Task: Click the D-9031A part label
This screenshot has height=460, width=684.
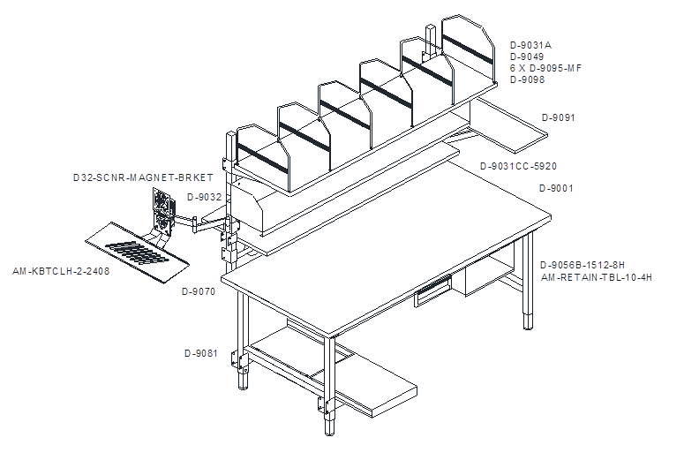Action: pos(530,45)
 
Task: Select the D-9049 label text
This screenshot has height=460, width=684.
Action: pos(527,57)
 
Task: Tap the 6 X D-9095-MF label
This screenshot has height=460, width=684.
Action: pos(545,68)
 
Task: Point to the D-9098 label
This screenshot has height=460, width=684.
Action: pos(527,79)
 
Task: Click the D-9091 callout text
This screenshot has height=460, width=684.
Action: pos(559,117)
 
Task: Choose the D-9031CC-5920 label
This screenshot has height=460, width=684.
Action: pos(518,166)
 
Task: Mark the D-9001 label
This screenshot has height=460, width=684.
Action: pos(556,189)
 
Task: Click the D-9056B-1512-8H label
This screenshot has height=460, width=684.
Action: pos(583,266)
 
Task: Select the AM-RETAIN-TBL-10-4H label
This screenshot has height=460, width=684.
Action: pos(597,277)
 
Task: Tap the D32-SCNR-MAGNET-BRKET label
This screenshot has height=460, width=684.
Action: pos(143,178)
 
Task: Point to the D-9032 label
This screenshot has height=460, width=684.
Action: pos(204,197)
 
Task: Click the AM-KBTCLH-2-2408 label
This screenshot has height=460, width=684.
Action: pos(61,271)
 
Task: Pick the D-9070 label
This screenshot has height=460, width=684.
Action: pos(199,291)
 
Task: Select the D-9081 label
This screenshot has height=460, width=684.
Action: pos(200,353)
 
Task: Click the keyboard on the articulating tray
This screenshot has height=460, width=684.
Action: pos(137,253)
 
